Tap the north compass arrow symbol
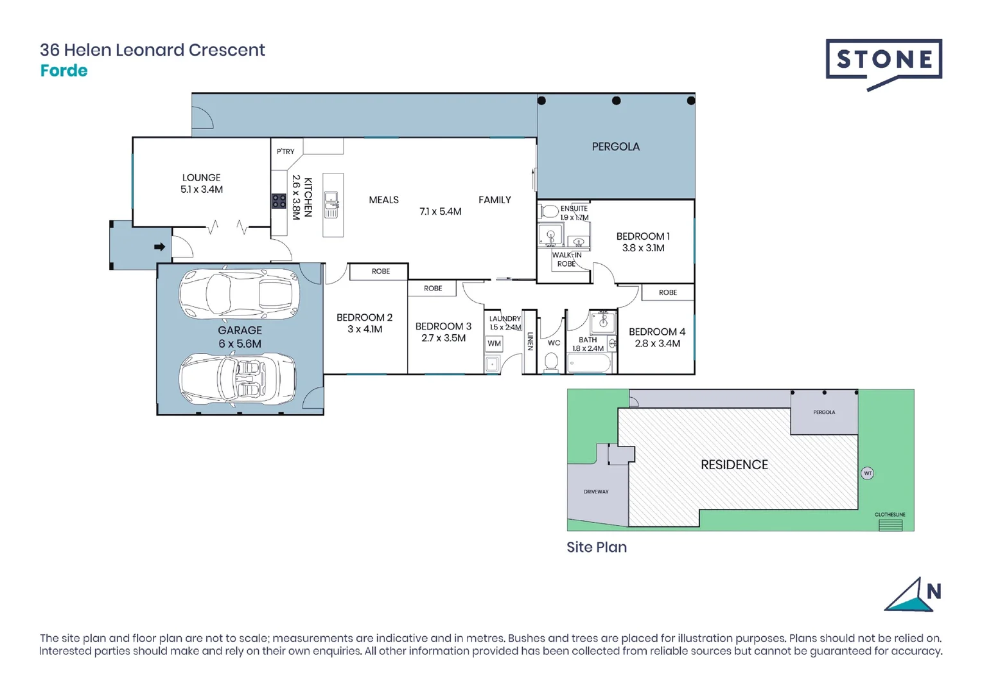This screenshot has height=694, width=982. (x=911, y=596)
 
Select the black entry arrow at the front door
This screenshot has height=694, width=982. (x=159, y=247)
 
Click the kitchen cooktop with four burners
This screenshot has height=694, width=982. (x=279, y=201)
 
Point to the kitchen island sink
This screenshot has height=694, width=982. (x=331, y=204)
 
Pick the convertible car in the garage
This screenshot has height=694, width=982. (x=238, y=380)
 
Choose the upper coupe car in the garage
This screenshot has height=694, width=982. (x=239, y=294)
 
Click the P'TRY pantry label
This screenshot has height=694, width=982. (x=285, y=152)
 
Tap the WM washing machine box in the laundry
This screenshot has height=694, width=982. (x=494, y=343)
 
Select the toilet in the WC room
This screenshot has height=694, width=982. (x=551, y=363)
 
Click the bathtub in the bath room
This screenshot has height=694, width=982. (x=589, y=364)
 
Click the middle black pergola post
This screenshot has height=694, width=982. (x=617, y=101)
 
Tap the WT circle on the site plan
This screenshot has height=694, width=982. (x=867, y=474)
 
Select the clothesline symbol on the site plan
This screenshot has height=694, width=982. (x=890, y=525)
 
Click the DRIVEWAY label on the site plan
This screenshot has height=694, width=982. (x=596, y=492)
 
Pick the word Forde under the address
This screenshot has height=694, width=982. (x=64, y=71)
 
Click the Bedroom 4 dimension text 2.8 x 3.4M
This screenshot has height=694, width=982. (x=657, y=344)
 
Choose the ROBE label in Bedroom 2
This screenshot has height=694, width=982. (x=381, y=271)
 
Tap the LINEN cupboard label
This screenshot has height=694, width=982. (x=530, y=341)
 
